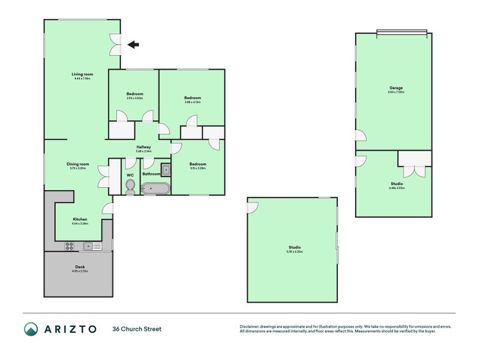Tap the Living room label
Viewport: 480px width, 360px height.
click(x=81, y=76)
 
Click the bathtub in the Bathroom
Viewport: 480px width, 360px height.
click(x=155, y=189)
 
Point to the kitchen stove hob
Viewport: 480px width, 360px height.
click(x=69, y=245)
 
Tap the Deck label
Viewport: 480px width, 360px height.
click(x=80, y=268)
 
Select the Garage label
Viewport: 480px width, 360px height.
click(x=395, y=89)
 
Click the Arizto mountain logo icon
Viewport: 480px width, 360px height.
click(x=31, y=329)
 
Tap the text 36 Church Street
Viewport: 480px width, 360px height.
click(x=137, y=329)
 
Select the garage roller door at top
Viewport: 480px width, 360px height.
click(x=401, y=31)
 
